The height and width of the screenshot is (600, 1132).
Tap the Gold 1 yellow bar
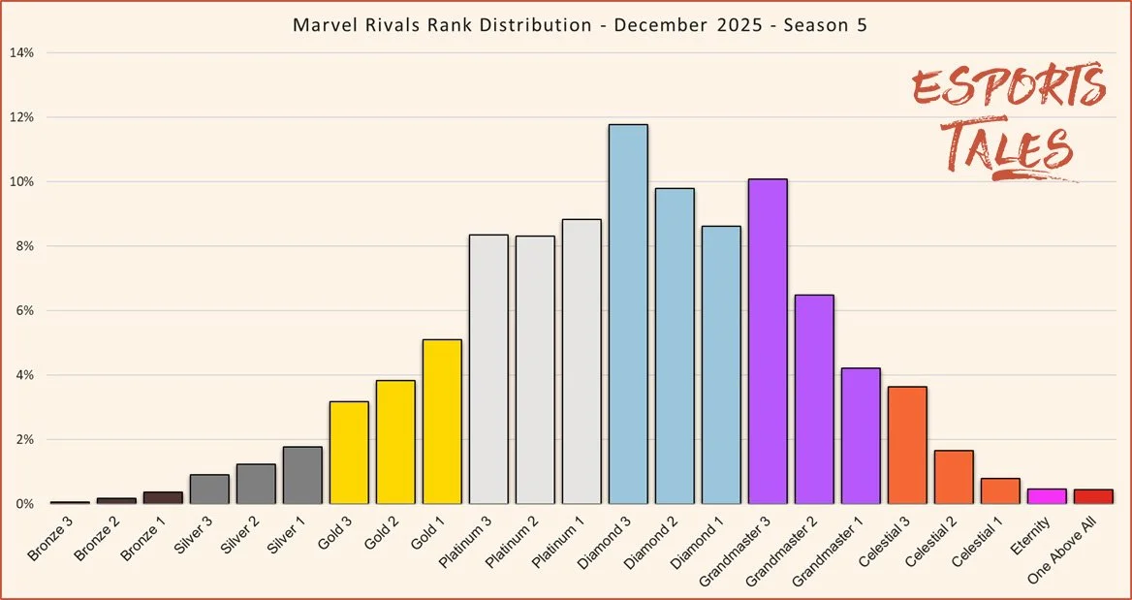pyautogui.click(x=442, y=422)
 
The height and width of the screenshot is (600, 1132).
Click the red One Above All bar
pyautogui.click(x=1093, y=496)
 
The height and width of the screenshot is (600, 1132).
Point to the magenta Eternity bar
pyautogui.click(x=1047, y=496)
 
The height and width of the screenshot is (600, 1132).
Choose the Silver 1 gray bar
pyautogui.click(x=302, y=475)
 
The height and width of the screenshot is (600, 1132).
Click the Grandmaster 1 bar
pyautogui.click(x=861, y=436)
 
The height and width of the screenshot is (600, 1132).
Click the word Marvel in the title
pyautogui.click(x=319, y=24)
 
